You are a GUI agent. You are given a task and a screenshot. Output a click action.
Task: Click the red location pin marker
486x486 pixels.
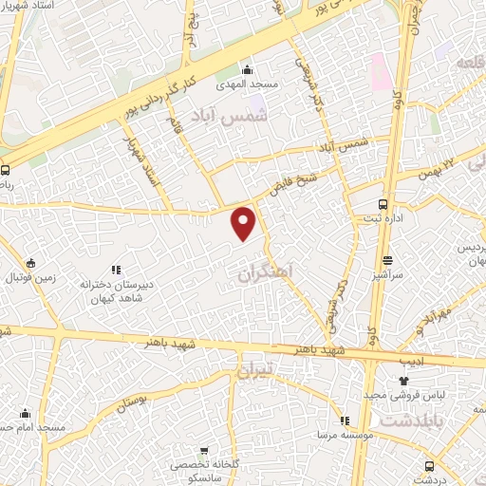click(245, 222)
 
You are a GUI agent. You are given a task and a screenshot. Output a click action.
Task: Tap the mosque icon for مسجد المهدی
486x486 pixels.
click(248, 69)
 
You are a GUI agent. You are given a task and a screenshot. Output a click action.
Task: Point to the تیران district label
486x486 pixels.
click(254, 368)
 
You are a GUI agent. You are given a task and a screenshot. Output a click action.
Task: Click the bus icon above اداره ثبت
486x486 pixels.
click(383, 204)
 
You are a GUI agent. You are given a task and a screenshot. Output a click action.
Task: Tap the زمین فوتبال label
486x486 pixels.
click(31, 279)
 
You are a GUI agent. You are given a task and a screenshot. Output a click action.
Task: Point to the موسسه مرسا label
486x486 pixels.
click(344, 435)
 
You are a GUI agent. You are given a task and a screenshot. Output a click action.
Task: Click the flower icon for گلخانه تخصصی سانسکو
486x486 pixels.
click(203, 452)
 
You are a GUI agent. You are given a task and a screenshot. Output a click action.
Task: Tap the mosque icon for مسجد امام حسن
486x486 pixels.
click(25, 414)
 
